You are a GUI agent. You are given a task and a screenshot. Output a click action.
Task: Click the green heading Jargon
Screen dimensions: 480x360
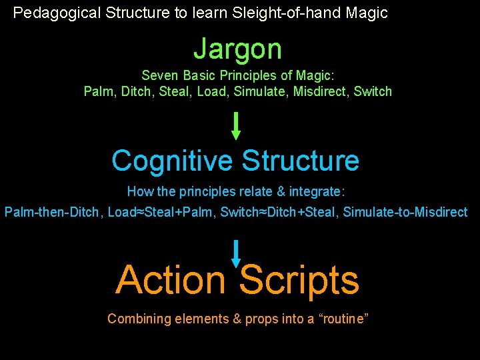tap(237, 49)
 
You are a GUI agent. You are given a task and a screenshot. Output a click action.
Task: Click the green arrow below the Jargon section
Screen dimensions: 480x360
tap(235, 125)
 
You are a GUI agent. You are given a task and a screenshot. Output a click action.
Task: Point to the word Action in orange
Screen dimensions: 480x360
tap(171, 280)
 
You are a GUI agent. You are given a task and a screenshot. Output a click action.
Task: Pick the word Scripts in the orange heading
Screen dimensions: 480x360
tap(299, 280)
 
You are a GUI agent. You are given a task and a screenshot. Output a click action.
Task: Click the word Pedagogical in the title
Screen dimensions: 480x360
tap(56, 13)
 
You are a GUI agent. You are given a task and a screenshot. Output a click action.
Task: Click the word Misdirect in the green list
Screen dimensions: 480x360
tap(321, 91)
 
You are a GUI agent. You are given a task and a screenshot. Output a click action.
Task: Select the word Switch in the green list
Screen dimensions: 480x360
tap(373, 91)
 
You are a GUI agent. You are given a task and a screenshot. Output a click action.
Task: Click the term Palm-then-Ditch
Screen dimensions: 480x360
tap(51, 212)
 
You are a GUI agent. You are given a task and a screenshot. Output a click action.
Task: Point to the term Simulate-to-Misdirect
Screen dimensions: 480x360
tap(405, 212)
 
